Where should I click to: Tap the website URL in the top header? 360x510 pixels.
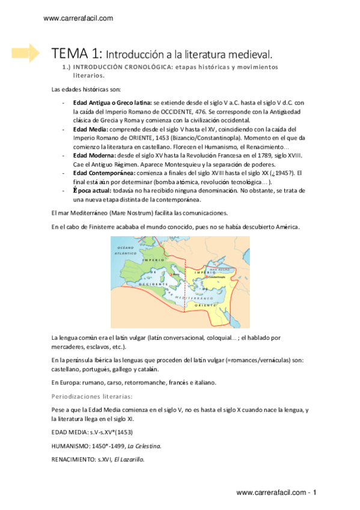point(78,19)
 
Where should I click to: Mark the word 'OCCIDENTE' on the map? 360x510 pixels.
point(151,283)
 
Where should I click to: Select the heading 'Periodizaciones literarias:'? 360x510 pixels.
point(92,396)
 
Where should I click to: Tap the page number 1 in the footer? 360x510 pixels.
point(314,493)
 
